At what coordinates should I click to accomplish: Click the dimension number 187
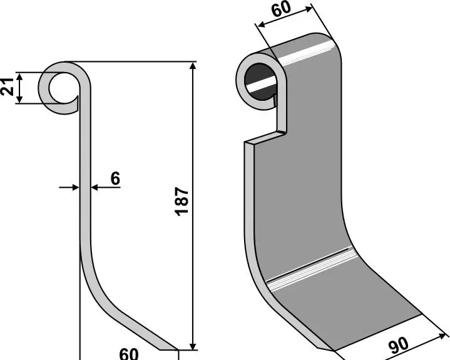(x=182, y=201)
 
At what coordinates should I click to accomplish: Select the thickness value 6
(x=115, y=178)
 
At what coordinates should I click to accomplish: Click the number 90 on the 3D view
(x=398, y=346)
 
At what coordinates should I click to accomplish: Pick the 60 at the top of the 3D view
(x=281, y=9)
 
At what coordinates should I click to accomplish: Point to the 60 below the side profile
(x=129, y=354)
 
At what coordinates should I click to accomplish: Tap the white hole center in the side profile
(x=63, y=88)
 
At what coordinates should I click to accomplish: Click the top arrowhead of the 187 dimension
(x=193, y=66)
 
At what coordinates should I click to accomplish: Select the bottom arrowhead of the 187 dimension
(x=193, y=346)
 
